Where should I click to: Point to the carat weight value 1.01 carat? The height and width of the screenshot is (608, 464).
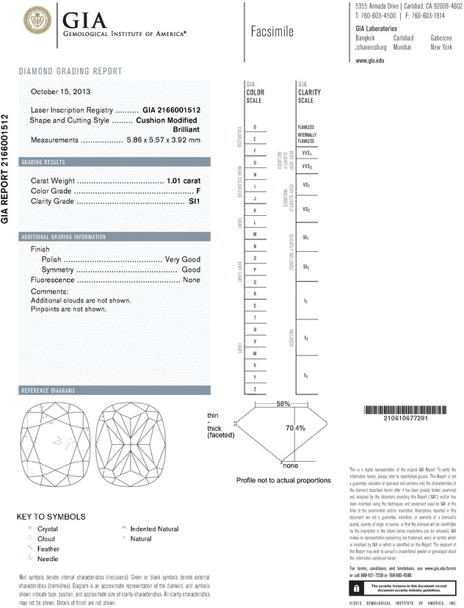pos(184,180)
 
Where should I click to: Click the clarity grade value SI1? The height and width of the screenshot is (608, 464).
pos(195,200)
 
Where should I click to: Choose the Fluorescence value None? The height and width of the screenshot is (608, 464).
pos(192,281)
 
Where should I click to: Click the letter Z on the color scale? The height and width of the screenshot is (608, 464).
pos(254,388)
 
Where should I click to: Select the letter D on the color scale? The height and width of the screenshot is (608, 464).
pos(254,127)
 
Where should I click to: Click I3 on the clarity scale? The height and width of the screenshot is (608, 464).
pos(305,376)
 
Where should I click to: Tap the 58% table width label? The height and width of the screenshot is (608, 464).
pos(283,404)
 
